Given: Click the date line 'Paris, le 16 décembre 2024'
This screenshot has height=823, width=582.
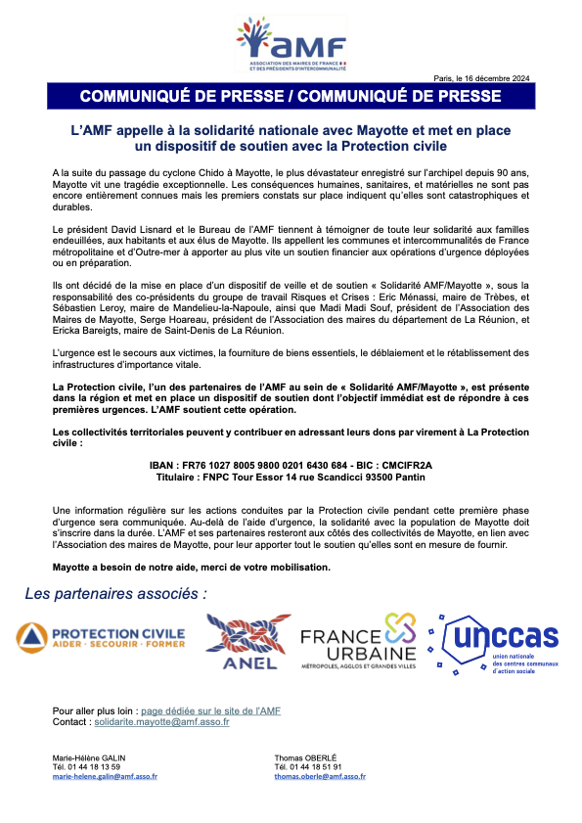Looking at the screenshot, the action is click(x=481, y=78).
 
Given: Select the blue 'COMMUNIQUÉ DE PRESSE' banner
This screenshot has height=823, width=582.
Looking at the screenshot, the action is click(x=291, y=96).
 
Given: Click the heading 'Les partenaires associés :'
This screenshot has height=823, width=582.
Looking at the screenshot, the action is click(x=115, y=593).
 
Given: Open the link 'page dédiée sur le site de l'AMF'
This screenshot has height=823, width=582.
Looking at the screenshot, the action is click(x=210, y=710).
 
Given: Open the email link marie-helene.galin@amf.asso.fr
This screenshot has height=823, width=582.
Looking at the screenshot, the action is click(x=105, y=776).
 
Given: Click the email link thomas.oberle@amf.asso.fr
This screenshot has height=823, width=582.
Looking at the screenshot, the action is click(x=320, y=776).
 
